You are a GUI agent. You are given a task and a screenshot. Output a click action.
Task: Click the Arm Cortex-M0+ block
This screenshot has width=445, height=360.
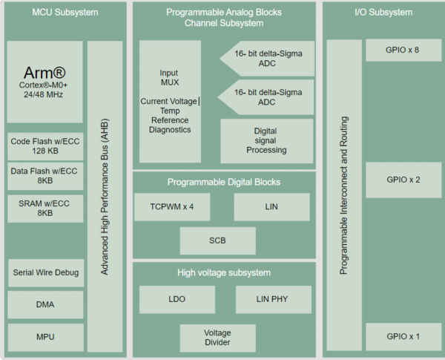click(44, 82)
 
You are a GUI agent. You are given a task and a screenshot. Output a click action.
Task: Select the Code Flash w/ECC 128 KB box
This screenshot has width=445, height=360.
click(44, 146)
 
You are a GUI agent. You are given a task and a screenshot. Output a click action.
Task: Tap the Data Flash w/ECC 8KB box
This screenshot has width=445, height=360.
click(44, 176)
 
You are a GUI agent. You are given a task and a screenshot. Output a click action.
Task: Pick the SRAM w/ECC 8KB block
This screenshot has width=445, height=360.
click(44, 207)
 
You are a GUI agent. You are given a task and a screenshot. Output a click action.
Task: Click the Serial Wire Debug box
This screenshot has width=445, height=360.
click(44, 272)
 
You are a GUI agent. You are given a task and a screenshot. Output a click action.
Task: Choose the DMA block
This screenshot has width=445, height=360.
click(44, 304)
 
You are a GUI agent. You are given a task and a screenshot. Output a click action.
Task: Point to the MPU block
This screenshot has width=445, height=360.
click(44, 337)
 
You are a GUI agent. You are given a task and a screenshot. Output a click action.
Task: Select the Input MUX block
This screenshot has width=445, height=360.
click(170, 101)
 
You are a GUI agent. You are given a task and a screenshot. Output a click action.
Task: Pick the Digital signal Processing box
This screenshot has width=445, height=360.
click(266, 140)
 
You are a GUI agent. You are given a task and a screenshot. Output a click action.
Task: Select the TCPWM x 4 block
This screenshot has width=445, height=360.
click(172, 206)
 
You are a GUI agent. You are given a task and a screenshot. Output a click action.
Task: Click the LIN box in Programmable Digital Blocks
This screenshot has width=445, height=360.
click(271, 206)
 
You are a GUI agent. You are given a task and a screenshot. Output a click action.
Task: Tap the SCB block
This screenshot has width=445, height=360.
click(217, 241)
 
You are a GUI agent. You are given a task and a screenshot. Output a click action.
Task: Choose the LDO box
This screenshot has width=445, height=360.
click(177, 299)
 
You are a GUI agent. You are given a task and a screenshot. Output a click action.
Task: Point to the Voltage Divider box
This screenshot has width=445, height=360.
click(217, 337)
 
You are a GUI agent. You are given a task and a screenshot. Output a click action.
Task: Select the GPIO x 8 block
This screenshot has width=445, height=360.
click(403, 50)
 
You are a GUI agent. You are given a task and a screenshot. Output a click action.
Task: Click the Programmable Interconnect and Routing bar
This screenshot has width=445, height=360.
click(344, 194)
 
